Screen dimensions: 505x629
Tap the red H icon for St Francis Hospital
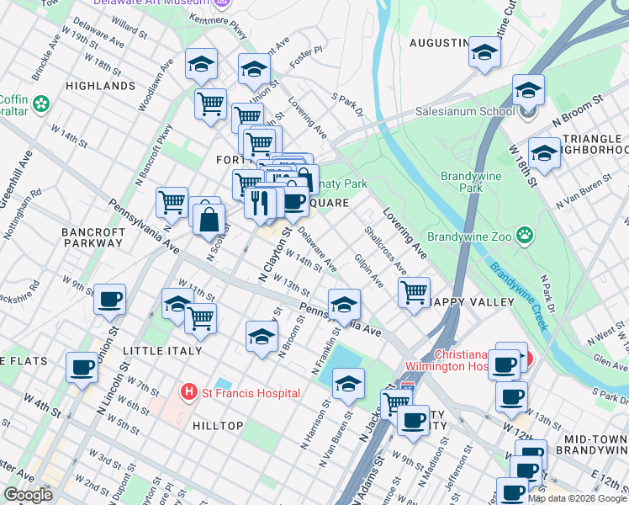189,392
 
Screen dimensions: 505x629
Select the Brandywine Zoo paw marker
526,234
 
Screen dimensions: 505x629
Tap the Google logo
28,495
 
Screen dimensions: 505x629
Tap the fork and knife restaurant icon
260,202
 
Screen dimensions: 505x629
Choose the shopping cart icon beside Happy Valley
413,293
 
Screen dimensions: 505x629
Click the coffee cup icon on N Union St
109,299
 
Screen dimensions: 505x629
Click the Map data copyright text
577,498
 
